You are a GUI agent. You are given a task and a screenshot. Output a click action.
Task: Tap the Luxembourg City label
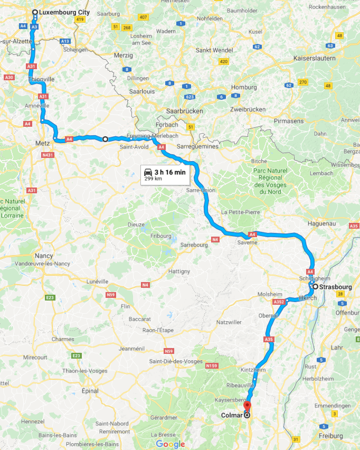pos(64,12)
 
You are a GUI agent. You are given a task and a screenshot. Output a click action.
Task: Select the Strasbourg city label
pos(336,287)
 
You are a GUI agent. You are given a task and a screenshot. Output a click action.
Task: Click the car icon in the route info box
pos(148,172)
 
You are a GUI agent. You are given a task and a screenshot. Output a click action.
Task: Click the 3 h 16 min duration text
pos(169,172)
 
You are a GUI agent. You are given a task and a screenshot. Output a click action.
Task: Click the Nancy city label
pos(44,255)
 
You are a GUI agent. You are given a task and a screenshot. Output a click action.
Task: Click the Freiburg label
pos(330,436)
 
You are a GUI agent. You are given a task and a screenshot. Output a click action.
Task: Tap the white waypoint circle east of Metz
pos(105,139)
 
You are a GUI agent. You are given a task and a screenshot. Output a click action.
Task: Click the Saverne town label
pos(247,242)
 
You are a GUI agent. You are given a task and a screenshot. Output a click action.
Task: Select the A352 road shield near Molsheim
pos(279,302)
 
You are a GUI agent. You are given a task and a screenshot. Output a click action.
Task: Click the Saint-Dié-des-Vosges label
pos(176,361)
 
